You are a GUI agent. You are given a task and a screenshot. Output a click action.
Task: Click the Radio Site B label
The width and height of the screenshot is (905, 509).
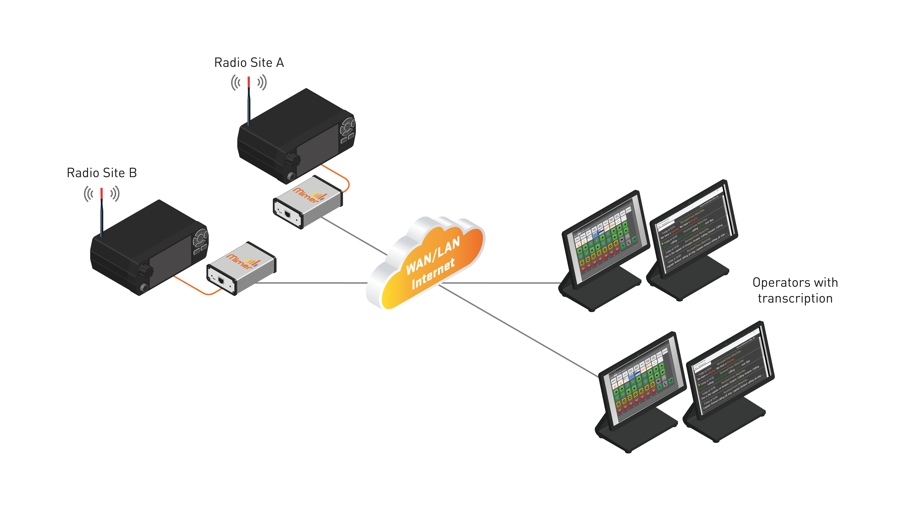click(102, 173)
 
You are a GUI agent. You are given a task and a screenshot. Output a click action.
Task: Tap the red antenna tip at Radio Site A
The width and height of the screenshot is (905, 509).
click(249, 82)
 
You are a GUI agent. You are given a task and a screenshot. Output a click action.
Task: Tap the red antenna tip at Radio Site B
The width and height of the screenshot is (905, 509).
click(102, 193)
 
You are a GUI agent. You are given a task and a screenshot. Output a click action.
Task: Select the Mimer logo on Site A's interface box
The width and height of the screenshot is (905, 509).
click(306, 195)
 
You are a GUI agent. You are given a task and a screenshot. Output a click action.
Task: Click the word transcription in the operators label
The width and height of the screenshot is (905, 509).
click(795, 299)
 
